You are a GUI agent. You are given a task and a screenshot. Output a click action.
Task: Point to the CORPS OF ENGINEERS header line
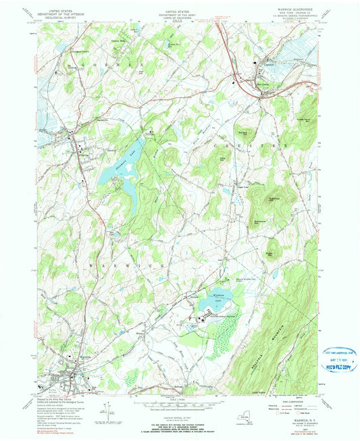(179, 17)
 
